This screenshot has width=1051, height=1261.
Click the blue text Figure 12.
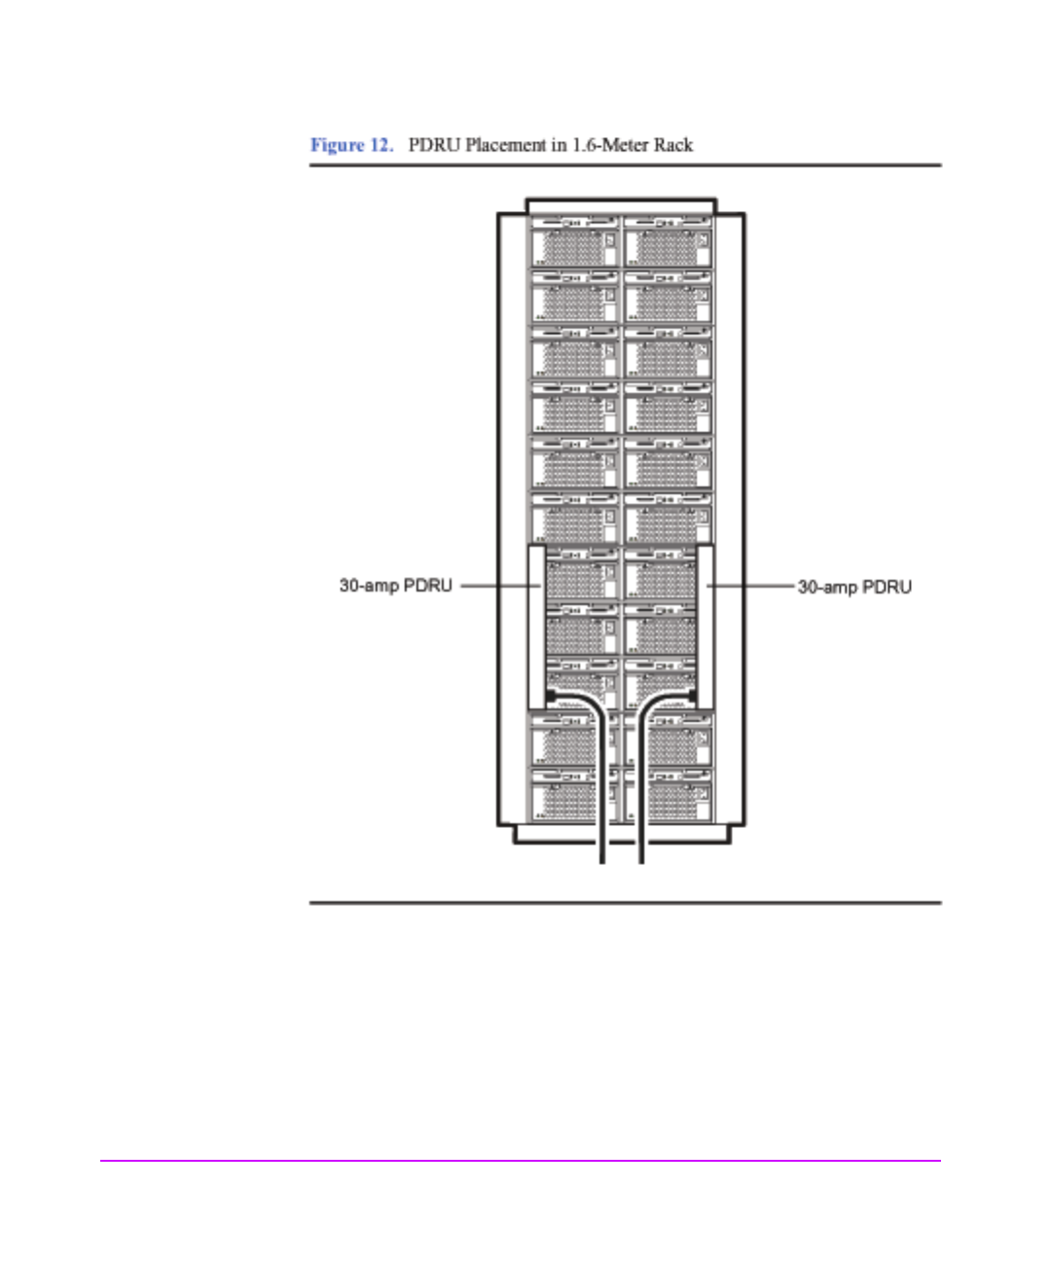point(351,145)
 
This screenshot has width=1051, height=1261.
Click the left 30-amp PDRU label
point(395,586)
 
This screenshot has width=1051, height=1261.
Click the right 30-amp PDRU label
point(854,587)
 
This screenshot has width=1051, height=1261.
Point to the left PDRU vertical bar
point(535,627)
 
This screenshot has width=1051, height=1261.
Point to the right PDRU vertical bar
point(706,627)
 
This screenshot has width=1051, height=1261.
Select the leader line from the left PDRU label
point(498,586)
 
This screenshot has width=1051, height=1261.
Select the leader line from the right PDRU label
point(751,586)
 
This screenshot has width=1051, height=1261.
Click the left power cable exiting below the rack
point(602,847)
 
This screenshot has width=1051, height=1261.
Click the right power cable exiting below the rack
point(640,847)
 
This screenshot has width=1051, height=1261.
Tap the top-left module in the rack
point(574,243)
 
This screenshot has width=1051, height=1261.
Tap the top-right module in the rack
point(668,243)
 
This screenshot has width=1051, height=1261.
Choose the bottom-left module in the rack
point(564,796)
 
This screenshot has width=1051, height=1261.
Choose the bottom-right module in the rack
point(678,796)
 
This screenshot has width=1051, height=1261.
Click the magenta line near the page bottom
point(520,1160)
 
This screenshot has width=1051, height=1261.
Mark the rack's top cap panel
point(621,206)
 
